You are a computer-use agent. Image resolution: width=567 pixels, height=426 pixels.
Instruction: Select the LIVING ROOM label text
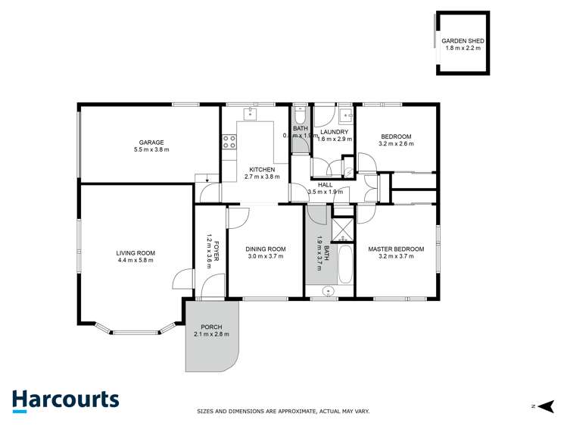136,252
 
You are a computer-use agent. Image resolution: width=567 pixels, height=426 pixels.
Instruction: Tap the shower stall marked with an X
343,228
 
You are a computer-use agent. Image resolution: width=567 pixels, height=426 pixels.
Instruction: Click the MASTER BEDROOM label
396,249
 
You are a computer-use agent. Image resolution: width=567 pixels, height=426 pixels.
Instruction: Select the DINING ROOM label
266,249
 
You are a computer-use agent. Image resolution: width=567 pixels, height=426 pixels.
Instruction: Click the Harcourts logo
65,399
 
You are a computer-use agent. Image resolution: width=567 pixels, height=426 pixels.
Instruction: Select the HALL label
325,184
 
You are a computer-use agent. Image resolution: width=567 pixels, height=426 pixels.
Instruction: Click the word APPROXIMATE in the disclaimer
294,412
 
